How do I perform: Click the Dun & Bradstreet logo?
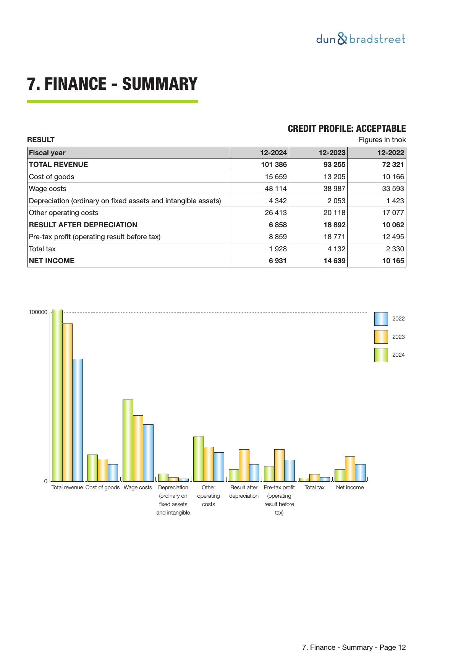[x=361, y=39]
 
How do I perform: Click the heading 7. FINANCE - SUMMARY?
[x=112, y=84]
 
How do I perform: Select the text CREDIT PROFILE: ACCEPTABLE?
[x=346, y=129]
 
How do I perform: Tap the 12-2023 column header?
[x=332, y=153]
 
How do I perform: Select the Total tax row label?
[x=42, y=249]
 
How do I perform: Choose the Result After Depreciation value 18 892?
[x=334, y=225]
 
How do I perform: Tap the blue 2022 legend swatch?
[x=381, y=319]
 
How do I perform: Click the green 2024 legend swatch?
[x=381, y=355]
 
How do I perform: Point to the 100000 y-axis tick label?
[x=38, y=312]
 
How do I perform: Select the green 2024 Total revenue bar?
[x=57, y=395]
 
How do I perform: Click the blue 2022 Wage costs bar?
[x=148, y=453]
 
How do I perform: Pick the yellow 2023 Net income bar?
[x=350, y=469]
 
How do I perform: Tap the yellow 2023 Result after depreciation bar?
[x=244, y=465]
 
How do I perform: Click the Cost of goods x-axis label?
[x=102, y=487]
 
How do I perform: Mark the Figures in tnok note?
[x=382, y=140]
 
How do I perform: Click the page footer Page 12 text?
[x=354, y=647]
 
